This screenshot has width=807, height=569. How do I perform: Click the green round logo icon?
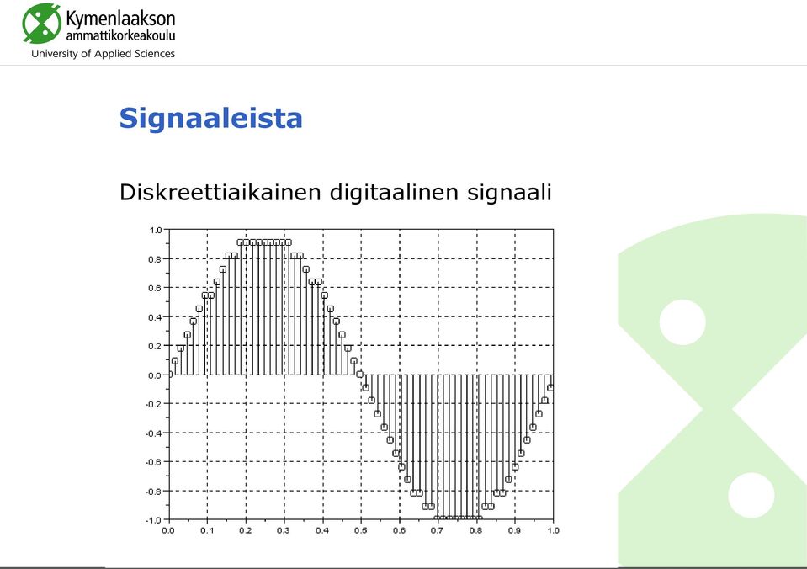[x=42, y=24]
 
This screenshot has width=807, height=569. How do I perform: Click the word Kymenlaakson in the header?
[x=121, y=19]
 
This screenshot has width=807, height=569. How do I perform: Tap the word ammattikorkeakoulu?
[x=121, y=35]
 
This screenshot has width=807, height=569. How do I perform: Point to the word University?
[x=55, y=54]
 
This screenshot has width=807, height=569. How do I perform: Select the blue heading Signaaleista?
[x=211, y=118]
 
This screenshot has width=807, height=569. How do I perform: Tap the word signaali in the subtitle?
[x=509, y=193]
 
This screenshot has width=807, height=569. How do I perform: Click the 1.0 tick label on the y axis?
[x=156, y=230]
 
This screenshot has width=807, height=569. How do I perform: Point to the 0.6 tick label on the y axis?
[x=155, y=289]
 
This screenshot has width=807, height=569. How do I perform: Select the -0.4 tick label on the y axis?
[x=153, y=433]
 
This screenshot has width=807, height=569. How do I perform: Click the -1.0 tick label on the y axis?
[x=153, y=520]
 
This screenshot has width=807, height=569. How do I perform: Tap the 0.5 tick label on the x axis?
[x=361, y=530]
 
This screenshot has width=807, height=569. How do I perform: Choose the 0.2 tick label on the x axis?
[x=246, y=530]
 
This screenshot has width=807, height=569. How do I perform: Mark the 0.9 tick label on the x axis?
[x=514, y=530]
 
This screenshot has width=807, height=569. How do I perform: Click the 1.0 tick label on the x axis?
[x=553, y=530]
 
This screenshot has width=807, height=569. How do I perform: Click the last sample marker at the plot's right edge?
[x=550, y=388]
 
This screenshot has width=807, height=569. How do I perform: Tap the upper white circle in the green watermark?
[x=682, y=322]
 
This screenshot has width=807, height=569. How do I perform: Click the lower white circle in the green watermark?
[x=751, y=495]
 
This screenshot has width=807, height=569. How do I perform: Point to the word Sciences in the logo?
[x=154, y=54]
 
